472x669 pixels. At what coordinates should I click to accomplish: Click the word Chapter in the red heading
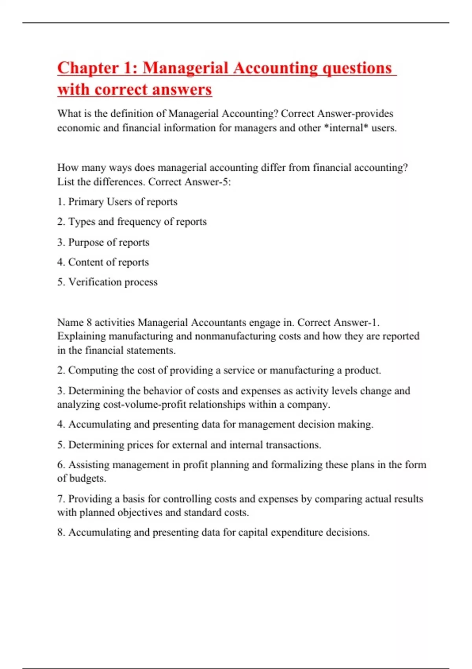[x=88, y=68]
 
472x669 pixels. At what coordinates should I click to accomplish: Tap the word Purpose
[x=86, y=242]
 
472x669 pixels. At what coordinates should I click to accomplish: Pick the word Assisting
[x=89, y=465]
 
